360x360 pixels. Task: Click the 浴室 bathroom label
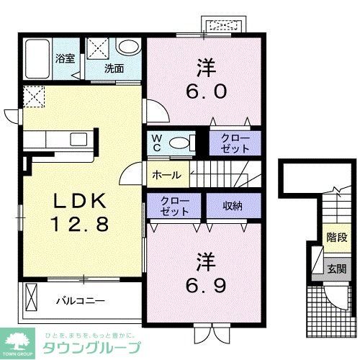(65, 58)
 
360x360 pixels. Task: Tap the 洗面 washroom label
(113, 69)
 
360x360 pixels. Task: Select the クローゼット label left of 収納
(175, 206)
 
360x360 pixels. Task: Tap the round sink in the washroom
(128, 48)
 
